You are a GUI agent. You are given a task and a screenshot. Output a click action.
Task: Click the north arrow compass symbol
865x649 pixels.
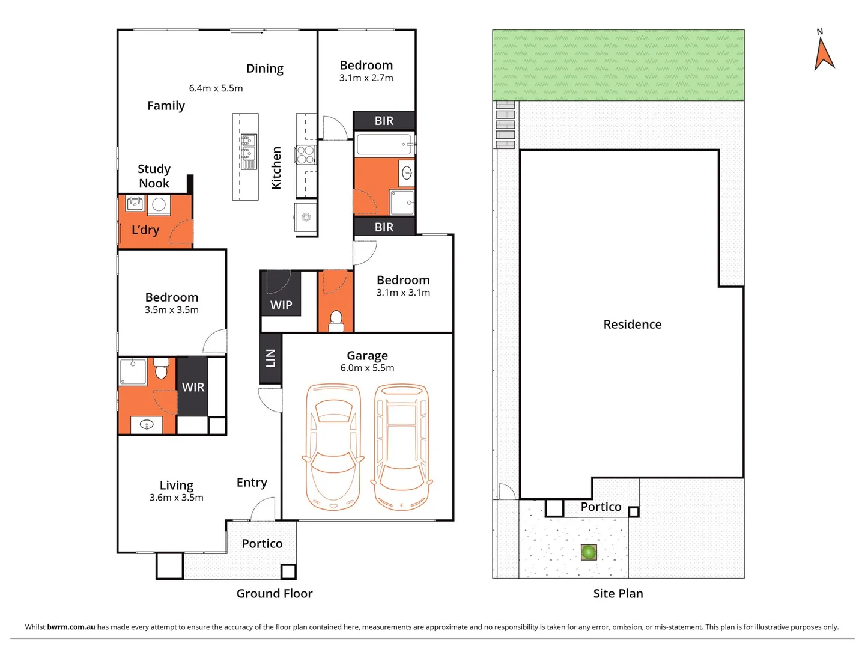click(824, 53)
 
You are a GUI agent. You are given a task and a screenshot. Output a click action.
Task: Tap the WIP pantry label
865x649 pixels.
click(281, 305)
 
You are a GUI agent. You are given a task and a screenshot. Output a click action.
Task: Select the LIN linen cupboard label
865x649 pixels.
click(270, 358)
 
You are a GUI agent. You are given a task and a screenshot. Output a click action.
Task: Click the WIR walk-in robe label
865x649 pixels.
click(193, 388)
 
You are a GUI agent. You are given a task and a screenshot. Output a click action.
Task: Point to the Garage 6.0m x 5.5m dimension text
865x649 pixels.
click(367, 368)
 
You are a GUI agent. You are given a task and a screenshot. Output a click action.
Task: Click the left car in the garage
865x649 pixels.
click(333, 447)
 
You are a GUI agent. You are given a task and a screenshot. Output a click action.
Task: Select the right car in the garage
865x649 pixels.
click(402, 447)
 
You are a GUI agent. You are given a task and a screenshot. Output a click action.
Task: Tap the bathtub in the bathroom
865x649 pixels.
click(384, 145)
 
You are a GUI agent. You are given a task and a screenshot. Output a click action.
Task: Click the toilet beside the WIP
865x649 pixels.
click(336, 320)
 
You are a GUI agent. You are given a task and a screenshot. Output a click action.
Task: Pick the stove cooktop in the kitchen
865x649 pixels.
click(306, 154)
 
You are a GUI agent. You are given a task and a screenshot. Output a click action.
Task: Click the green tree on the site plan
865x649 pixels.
click(589, 552)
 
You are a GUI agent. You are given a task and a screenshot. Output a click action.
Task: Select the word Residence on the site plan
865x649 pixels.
click(632, 324)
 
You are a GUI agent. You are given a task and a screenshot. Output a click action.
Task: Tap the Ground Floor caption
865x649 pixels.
click(275, 594)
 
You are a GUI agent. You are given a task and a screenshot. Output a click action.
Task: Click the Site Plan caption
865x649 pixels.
click(618, 594)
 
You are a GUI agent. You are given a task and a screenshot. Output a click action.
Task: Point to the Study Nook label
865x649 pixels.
click(154, 176)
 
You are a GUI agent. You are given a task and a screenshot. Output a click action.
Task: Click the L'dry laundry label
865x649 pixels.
click(145, 230)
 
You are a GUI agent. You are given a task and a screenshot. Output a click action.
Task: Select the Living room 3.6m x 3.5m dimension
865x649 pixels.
click(176, 498)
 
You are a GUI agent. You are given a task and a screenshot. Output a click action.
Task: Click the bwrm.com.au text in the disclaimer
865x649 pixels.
click(71, 627)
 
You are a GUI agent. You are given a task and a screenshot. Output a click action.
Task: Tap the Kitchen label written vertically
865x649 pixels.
click(276, 168)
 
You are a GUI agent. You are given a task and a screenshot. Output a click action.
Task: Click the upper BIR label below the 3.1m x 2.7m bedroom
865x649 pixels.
click(384, 121)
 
